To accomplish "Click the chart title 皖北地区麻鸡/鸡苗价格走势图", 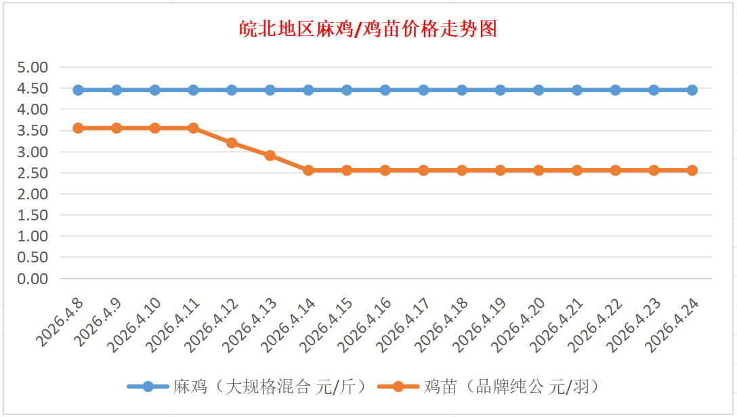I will [x=368, y=29].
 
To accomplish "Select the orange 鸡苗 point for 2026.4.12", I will [x=232, y=143].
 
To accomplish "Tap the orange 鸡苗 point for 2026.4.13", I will [x=270, y=155].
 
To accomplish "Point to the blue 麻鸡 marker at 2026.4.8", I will [x=78, y=90].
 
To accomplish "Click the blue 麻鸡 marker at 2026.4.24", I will [x=692, y=90].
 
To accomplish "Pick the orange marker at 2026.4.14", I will [x=308, y=170].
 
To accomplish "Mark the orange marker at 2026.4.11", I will [x=193, y=128].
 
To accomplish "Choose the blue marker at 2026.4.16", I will [x=385, y=90].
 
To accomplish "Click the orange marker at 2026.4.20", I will [x=539, y=170].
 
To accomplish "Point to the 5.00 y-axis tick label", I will [x=33, y=67].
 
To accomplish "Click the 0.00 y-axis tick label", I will [x=33, y=279].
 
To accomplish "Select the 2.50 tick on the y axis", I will [x=33, y=173].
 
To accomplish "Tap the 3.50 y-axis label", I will [x=33, y=131].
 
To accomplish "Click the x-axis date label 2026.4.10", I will [x=135, y=323].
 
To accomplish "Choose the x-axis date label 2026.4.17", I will [x=404, y=323].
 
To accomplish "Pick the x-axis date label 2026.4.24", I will [x=673, y=323].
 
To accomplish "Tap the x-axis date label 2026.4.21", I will [x=558, y=323].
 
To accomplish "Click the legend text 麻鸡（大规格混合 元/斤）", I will [x=270, y=387].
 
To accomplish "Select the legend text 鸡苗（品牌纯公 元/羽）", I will [x=511, y=387].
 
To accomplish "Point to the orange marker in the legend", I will [x=398, y=387].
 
